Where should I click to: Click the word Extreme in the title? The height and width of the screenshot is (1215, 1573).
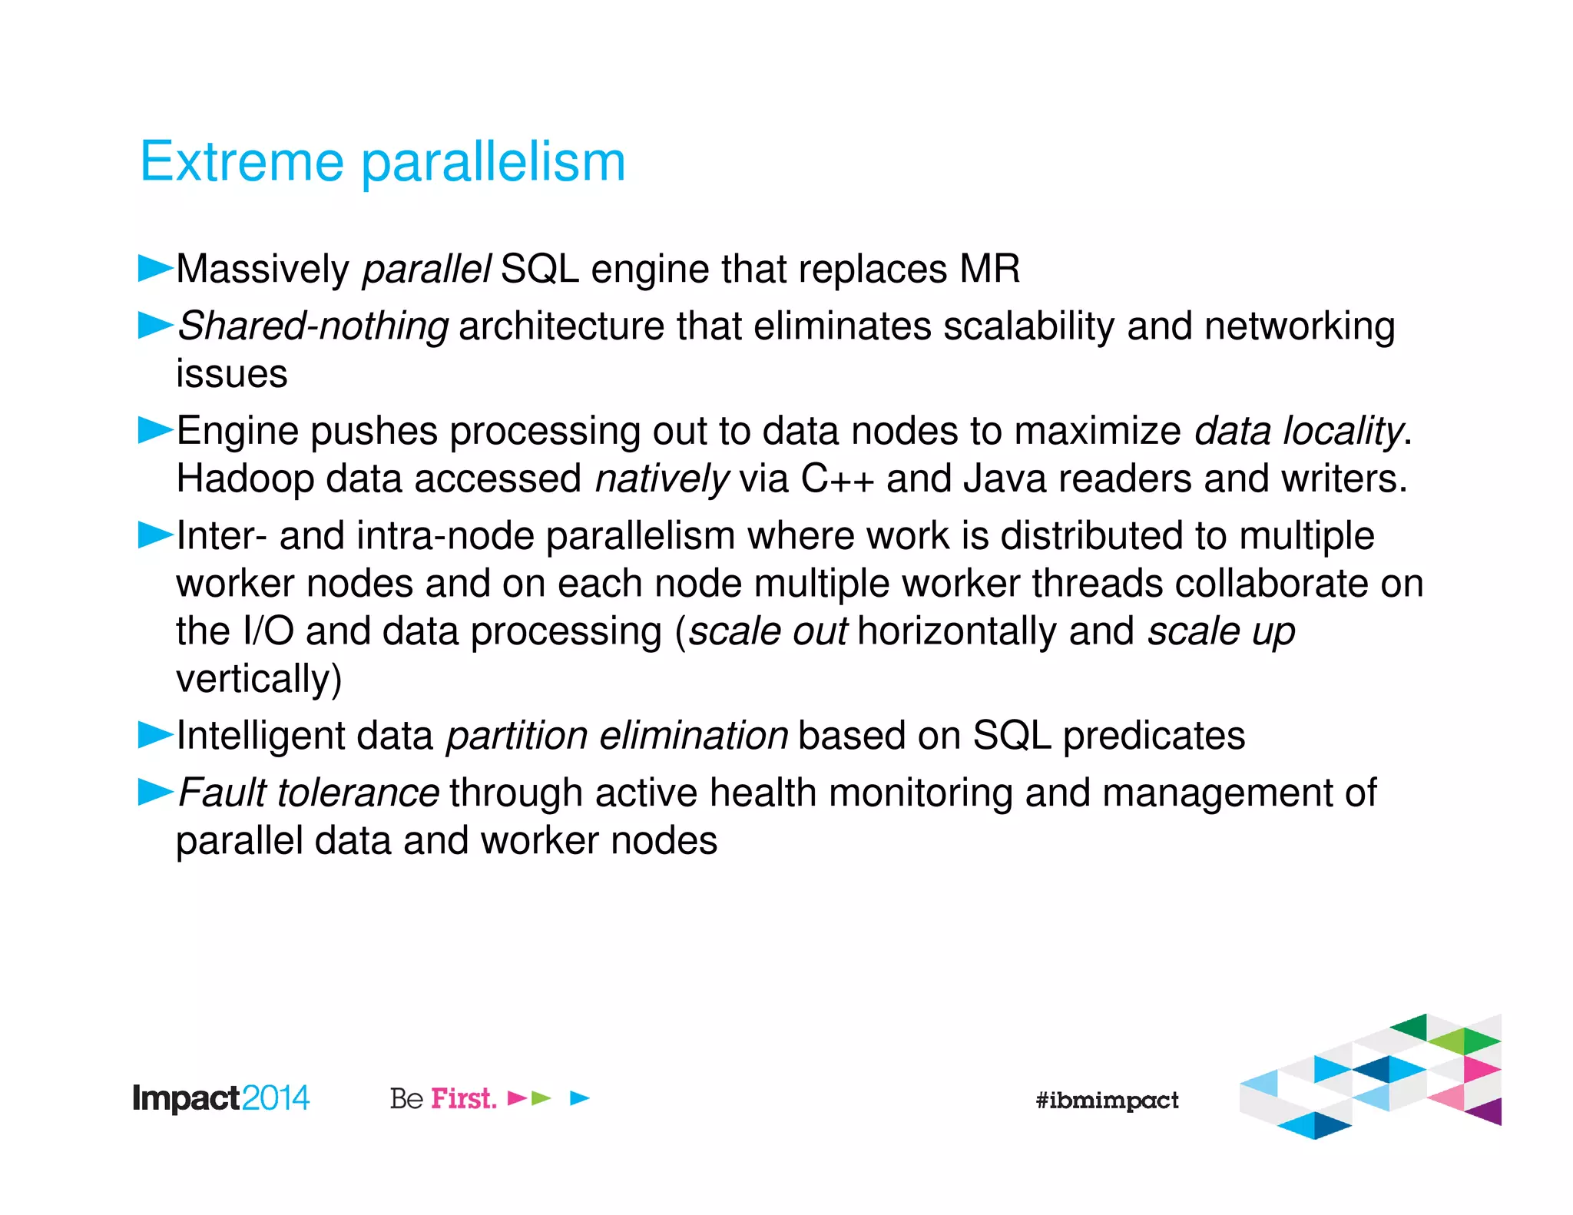(x=241, y=162)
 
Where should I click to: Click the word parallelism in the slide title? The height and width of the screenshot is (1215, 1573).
(x=494, y=164)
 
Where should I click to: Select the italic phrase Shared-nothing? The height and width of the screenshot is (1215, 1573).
(x=313, y=326)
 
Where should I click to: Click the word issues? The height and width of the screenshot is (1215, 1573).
(x=231, y=374)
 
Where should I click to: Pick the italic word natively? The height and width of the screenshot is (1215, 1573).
(x=661, y=479)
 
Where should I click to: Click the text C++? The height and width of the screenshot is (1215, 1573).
(x=837, y=478)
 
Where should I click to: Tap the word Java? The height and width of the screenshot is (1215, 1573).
(x=1005, y=478)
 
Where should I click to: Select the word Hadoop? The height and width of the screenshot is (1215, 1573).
(x=245, y=479)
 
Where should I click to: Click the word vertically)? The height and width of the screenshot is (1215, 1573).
(x=259, y=679)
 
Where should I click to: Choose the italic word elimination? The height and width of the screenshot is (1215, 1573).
(x=694, y=736)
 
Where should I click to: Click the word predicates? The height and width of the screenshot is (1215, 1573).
(x=1154, y=737)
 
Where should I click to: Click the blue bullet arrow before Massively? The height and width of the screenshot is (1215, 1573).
(x=155, y=269)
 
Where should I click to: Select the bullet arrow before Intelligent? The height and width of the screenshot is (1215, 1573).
(x=155, y=735)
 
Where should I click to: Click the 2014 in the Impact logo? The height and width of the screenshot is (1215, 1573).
(x=275, y=1098)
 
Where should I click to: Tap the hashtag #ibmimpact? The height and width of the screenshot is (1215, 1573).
(x=1107, y=1101)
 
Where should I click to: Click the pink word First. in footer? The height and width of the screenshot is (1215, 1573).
(x=463, y=1098)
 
